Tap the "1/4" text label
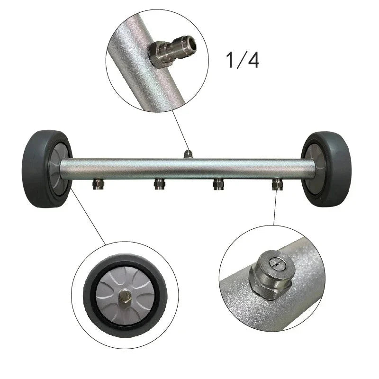pos(242,61)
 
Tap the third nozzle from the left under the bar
pos(217,184)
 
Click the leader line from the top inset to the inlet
pos(180,130)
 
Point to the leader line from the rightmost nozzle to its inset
pos(275,208)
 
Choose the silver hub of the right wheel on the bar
pos(313,168)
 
